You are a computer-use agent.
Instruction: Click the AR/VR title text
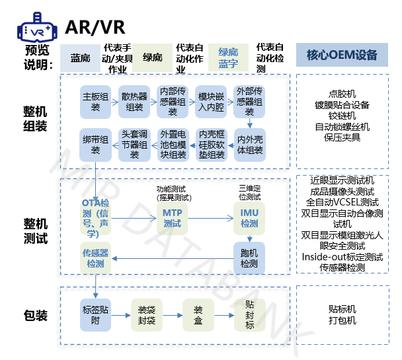tap(95, 28)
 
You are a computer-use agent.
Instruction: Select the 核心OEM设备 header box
tap(342, 55)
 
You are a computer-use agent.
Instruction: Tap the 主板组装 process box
tap(95, 102)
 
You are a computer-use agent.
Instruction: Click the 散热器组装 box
tap(134, 102)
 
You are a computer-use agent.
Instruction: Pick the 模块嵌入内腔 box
tap(210, 102)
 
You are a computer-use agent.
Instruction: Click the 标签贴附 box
tap(95, 314)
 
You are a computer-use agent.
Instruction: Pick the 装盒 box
tap(198, 314)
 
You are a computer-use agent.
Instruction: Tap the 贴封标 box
tap(250, 314)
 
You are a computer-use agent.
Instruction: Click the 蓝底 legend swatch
tap(80, 57)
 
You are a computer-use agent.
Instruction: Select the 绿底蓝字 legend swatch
tap(228, 57)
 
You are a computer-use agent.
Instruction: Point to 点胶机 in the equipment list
tap(342, 94)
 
